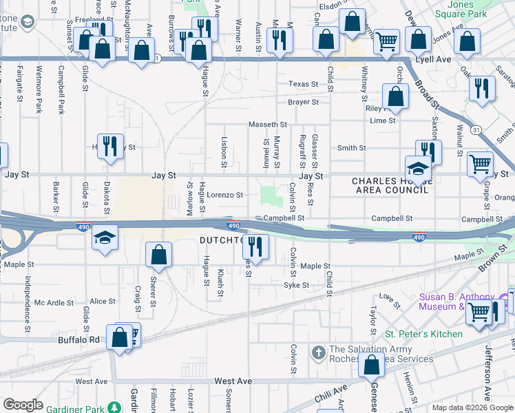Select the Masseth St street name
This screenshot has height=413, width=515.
[x=267, y=125]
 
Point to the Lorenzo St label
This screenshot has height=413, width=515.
[x=226, y=195]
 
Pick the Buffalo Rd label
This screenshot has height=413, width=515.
[x=79, y=339]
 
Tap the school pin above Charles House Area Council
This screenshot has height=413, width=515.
[x=417, y=168]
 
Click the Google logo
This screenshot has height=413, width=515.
[x=22, y=405]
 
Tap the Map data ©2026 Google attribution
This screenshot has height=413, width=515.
[x=472, y=407]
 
